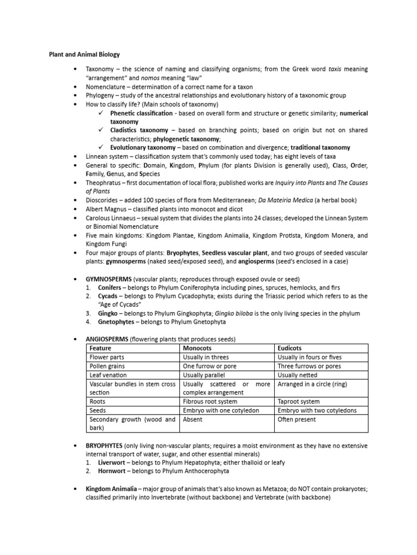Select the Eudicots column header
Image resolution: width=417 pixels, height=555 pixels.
tap(289, 348)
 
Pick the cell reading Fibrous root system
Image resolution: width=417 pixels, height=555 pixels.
tap(210, 402)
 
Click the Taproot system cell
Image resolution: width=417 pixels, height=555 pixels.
tap(298, 402)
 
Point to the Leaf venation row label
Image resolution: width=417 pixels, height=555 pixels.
tap(108, 375)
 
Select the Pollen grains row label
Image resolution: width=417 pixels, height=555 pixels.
tap(108, 366)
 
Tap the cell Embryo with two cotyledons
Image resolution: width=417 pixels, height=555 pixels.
tap(317, 410)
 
